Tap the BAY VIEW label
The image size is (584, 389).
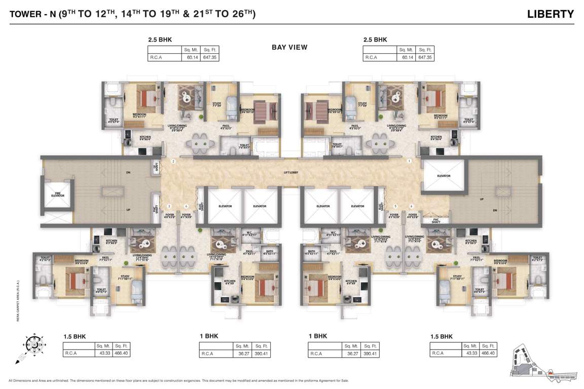pos(289,48)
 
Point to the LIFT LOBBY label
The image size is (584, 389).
pos(291,174)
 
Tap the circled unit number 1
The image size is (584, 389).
pos(409,162)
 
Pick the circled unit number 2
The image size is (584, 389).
pos(173,162)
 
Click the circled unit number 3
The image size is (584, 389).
pos(169,206)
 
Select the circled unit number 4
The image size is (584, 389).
pos(187,206)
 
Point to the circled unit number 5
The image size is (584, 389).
pos(395,206)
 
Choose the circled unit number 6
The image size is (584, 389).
pos(412,206)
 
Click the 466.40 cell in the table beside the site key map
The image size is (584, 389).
pos(489,354)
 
